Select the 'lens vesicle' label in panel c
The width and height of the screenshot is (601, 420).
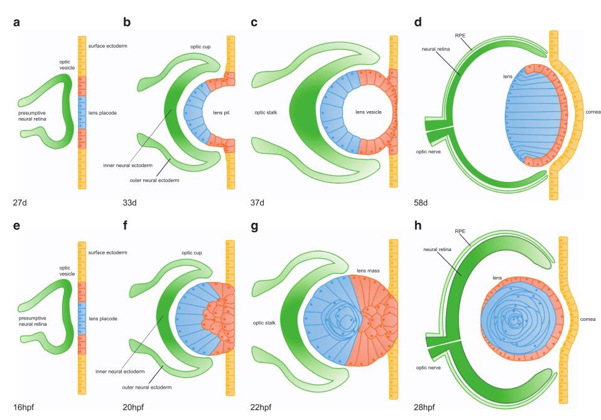[354, 112]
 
